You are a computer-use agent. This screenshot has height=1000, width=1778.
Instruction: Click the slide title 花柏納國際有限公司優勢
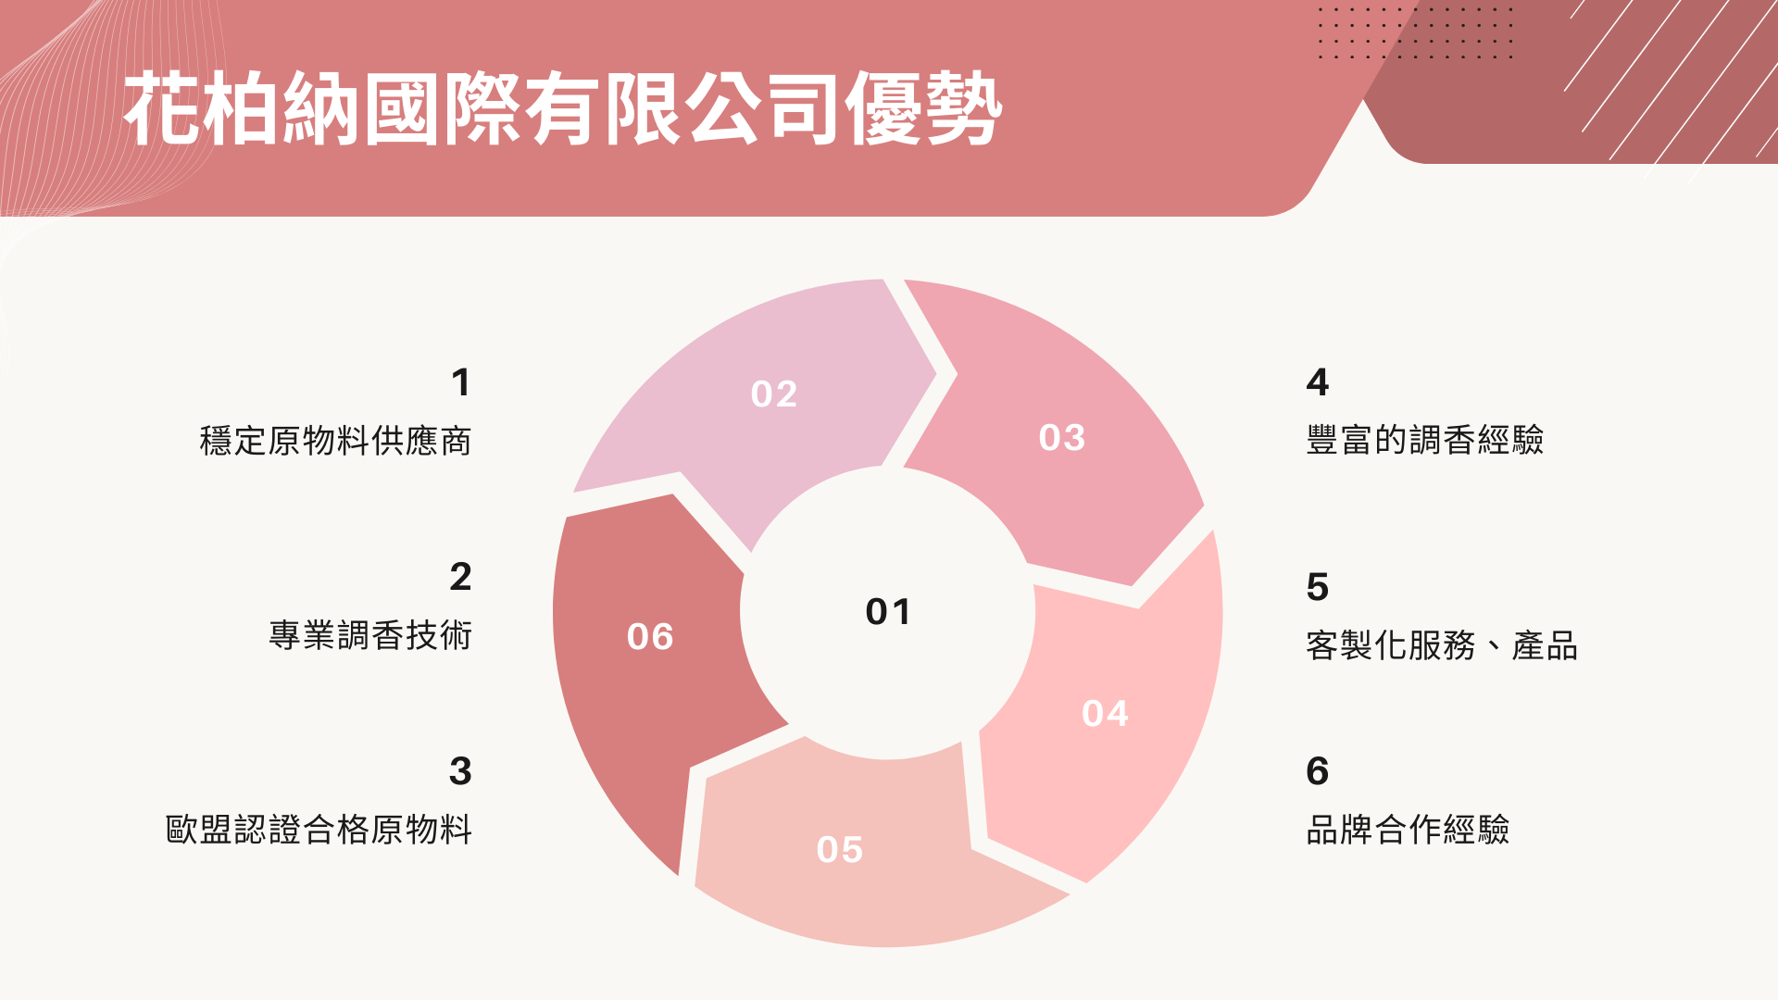click(563, 109)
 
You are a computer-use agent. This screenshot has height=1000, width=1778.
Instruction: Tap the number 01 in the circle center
click(888, 612)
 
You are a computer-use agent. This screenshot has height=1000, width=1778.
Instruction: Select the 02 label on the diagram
click(774, 394)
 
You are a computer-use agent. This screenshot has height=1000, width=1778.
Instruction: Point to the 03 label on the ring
click(1062, 438)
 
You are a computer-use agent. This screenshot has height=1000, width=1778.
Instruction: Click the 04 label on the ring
click(1105, 714)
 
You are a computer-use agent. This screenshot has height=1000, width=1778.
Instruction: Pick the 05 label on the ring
click(840, 850)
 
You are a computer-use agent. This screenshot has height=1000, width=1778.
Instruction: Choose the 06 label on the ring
click(650, 637)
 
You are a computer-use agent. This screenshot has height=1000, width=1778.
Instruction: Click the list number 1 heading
click(461, 382)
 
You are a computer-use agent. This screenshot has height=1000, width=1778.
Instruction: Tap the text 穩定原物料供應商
click(335, 441)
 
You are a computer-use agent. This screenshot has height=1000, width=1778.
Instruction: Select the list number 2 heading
click(460, 577)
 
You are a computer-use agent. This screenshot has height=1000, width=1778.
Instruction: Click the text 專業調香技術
click(370, 635)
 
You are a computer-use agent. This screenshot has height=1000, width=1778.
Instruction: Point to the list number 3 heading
click(460, 771)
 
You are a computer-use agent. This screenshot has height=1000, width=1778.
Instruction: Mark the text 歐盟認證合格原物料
click(319, 830)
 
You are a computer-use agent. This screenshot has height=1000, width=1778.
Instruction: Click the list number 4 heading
click(1318, 382)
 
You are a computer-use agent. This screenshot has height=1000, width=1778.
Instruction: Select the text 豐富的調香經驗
click(1425, 440)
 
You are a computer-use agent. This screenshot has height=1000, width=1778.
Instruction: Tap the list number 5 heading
click(1318, 587)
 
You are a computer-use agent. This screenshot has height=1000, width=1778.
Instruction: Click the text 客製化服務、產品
click(1442, 645)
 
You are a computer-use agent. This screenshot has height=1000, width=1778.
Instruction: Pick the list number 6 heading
click(1318, 771)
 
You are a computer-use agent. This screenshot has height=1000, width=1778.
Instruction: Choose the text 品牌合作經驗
click(1408, 830)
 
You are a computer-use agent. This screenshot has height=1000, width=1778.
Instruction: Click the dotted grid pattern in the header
click(1416, 33)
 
